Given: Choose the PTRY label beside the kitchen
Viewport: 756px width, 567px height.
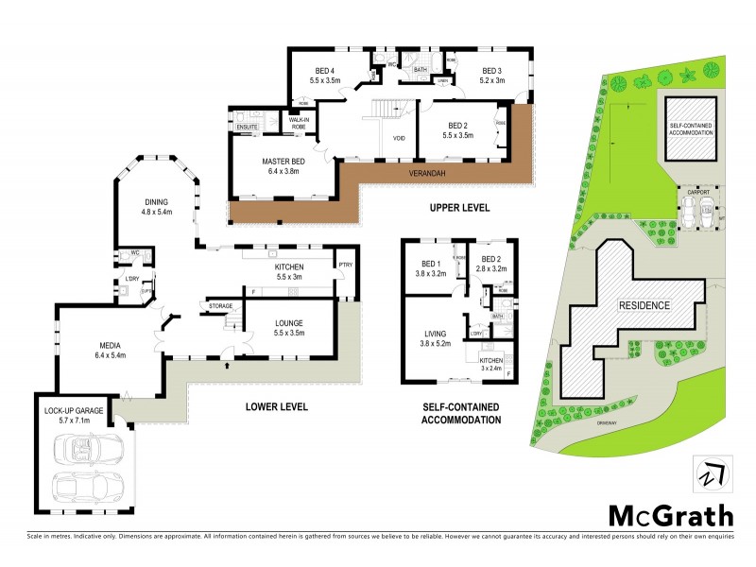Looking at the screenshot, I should (345, 266).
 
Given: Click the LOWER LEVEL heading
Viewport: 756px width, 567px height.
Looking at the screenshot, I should (276, 407).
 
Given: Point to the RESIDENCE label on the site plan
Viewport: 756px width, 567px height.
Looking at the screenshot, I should (644, 306).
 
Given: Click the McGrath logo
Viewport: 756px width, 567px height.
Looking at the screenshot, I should (670, 516).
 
